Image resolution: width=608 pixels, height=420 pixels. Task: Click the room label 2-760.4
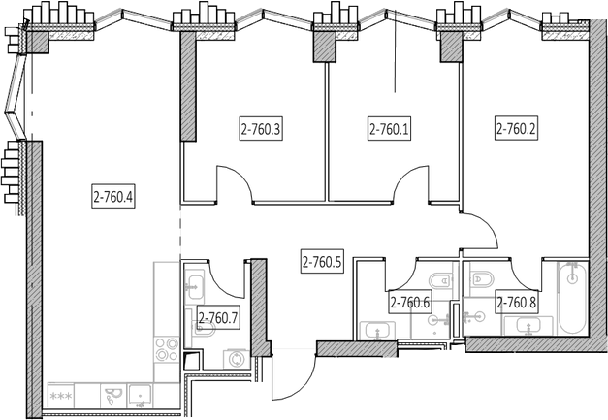pyautogui.click(x=112, y=198)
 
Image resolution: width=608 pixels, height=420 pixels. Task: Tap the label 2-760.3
pyautogui.click(x=260, y=128)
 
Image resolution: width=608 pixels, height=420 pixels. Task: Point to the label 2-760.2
pyautogui.click(x=517, y=128)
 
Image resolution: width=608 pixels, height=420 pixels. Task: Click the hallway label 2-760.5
pyautogui.click(x=322, y=261)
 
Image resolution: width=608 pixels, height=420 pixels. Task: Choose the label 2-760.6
pyautogui.click(x=409, y=302)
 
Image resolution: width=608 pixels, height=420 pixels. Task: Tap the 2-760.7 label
pyautogui.click(x=218, y=317)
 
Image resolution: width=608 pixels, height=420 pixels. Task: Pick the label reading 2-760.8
pyautogui.click(x=517, y=302)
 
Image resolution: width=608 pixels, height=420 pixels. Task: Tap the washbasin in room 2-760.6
pyautogui.click(x=374, y=331)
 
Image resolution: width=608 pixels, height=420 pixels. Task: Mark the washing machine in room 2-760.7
pyautogui.click(x=235, y=360)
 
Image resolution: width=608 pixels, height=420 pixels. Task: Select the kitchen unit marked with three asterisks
pyautogui.click(x=61, y=396)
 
